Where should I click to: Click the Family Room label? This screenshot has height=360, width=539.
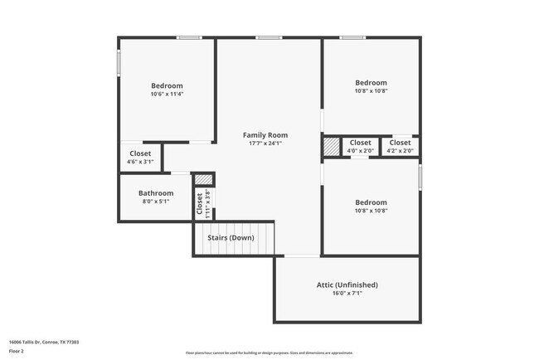[265, 134]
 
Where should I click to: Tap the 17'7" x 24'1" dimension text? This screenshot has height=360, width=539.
[265, 143]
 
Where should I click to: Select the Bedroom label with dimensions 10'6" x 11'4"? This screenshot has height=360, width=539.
[167, 85]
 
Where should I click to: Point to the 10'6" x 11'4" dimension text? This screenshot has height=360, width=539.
[167, 94]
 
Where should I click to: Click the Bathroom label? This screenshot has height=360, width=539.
[156, 193]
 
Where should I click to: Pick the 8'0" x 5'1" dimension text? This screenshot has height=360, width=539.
[156, 202]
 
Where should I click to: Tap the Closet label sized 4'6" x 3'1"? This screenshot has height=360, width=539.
[140, 153]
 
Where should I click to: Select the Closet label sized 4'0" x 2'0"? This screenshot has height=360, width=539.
[360, 143]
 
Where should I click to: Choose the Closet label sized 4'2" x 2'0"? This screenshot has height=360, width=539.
[400, 143]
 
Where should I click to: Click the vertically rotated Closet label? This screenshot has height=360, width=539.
[200, 203]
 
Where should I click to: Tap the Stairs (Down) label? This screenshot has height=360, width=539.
[231, 238]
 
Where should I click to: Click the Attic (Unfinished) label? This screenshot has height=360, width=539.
[347, 285]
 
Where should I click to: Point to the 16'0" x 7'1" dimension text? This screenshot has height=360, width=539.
[347, 293]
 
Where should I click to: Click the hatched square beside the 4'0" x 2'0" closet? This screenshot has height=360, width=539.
[331, 146]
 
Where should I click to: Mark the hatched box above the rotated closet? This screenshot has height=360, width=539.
[204, 179]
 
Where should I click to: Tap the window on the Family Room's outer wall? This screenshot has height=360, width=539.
[267, 37]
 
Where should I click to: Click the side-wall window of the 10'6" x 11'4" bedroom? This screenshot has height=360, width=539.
[119, 62]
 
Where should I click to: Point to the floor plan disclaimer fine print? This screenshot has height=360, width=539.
[269, 353]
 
